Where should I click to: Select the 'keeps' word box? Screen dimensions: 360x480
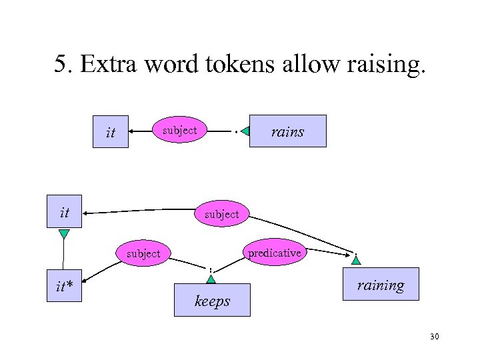coord(212,300)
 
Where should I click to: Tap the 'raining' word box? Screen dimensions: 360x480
coord(380,284)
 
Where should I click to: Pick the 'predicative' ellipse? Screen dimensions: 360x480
coord(274,253)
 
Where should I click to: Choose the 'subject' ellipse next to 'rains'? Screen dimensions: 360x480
coord(180,130)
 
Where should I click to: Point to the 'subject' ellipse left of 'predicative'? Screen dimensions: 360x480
coord(143,253)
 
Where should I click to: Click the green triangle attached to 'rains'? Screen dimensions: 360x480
coord(245,131)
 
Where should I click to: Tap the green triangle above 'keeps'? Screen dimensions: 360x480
coord(211,279)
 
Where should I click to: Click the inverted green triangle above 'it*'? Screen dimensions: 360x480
coord(63,234)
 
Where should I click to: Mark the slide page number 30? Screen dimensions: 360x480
coord(434,337)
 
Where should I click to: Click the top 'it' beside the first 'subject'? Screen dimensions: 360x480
coord(111,133)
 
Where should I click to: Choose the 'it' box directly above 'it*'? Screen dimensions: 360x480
coord(65,213)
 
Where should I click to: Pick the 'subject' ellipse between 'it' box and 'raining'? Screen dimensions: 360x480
coord(221,214)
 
